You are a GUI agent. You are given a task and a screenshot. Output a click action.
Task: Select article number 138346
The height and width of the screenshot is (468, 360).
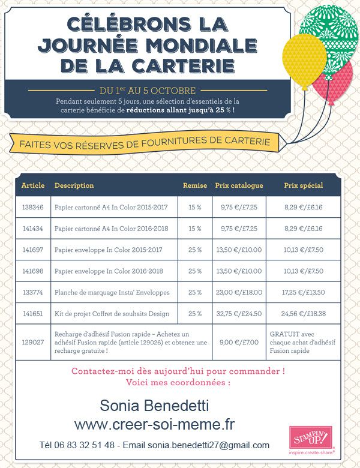[x=33, y=208]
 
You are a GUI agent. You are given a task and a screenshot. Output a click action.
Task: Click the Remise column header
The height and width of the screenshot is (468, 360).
[x=194, y=185]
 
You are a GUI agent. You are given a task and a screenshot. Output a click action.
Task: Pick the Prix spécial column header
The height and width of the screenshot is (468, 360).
[x=303, y=185]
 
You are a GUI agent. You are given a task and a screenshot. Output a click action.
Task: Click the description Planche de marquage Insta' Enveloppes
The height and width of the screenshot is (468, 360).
[x=112, y=292]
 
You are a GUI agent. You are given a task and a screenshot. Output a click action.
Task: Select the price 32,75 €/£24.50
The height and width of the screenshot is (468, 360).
[x=239, y=313]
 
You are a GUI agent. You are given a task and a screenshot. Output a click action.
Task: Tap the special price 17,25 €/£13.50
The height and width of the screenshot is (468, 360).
[x=303, y=292]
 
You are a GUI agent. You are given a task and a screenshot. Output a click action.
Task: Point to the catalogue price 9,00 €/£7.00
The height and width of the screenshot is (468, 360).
[x=239, y=342]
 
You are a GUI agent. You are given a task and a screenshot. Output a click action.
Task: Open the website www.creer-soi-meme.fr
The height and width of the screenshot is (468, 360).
[x=154, y=425]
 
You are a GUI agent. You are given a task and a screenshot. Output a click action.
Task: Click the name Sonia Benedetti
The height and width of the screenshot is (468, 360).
[x=154, y=405]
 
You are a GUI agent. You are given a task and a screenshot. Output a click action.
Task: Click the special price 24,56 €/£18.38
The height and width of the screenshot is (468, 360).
[x=303, y=313]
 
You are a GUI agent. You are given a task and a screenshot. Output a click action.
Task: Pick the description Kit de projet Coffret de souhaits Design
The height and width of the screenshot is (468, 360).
[x=112, y=313]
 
